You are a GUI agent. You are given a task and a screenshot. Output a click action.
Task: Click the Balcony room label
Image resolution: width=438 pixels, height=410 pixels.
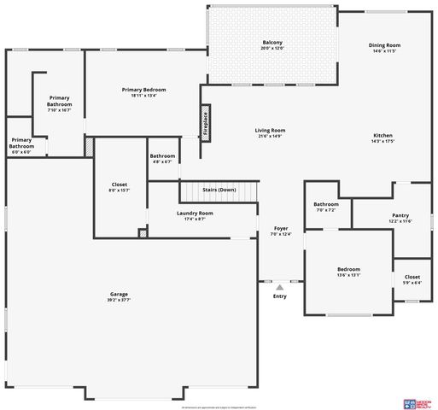click(x=272, y=45)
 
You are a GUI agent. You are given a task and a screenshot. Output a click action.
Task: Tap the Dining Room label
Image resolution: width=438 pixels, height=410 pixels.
click(x=384, y=48)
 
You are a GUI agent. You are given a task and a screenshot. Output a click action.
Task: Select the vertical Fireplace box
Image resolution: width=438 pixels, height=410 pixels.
click(x=205, y=122)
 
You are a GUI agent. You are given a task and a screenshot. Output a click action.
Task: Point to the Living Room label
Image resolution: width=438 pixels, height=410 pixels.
click(x=269, y=133)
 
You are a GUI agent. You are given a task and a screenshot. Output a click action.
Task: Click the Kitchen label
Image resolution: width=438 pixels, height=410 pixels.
click(x=383, y=139)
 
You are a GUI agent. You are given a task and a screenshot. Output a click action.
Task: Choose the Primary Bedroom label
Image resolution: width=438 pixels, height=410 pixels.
click(x=143, y=92)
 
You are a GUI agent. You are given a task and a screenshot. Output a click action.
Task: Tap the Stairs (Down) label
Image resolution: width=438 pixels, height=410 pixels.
click(x=219, y=190)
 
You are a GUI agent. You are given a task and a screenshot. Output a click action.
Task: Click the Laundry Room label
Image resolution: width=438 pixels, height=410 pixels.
click(x=195, y=215)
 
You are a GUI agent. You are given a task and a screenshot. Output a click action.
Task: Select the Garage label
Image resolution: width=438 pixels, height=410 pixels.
click(x=119, y=296)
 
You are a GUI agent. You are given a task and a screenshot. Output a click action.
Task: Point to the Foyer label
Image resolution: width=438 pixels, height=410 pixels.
click(x=281, y=231)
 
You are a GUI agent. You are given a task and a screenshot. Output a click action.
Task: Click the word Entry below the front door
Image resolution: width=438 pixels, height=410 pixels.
click(x=280, y=296)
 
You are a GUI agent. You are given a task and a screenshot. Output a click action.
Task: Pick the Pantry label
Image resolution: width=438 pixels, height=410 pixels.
click(x=400, y=218)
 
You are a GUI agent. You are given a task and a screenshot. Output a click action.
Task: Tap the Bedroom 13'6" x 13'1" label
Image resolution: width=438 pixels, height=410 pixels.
click(x=347, y=272)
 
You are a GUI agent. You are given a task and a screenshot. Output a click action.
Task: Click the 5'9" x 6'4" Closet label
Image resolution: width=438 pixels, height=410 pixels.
click(x=412, y=279)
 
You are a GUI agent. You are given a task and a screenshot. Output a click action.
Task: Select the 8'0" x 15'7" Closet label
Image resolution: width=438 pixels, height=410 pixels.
click(x=120, y=187)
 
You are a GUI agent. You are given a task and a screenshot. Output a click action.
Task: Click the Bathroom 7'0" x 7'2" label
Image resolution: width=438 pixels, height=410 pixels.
click(x=326, y=207)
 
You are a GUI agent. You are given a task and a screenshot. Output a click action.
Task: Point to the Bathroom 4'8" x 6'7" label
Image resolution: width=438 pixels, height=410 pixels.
click(x=162, y=158)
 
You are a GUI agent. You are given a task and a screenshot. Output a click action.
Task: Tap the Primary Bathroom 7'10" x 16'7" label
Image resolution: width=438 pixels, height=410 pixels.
click(x=59, y=103)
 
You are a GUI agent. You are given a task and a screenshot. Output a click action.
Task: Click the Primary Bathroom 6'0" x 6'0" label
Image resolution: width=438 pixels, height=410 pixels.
click(x=21, y=145)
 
